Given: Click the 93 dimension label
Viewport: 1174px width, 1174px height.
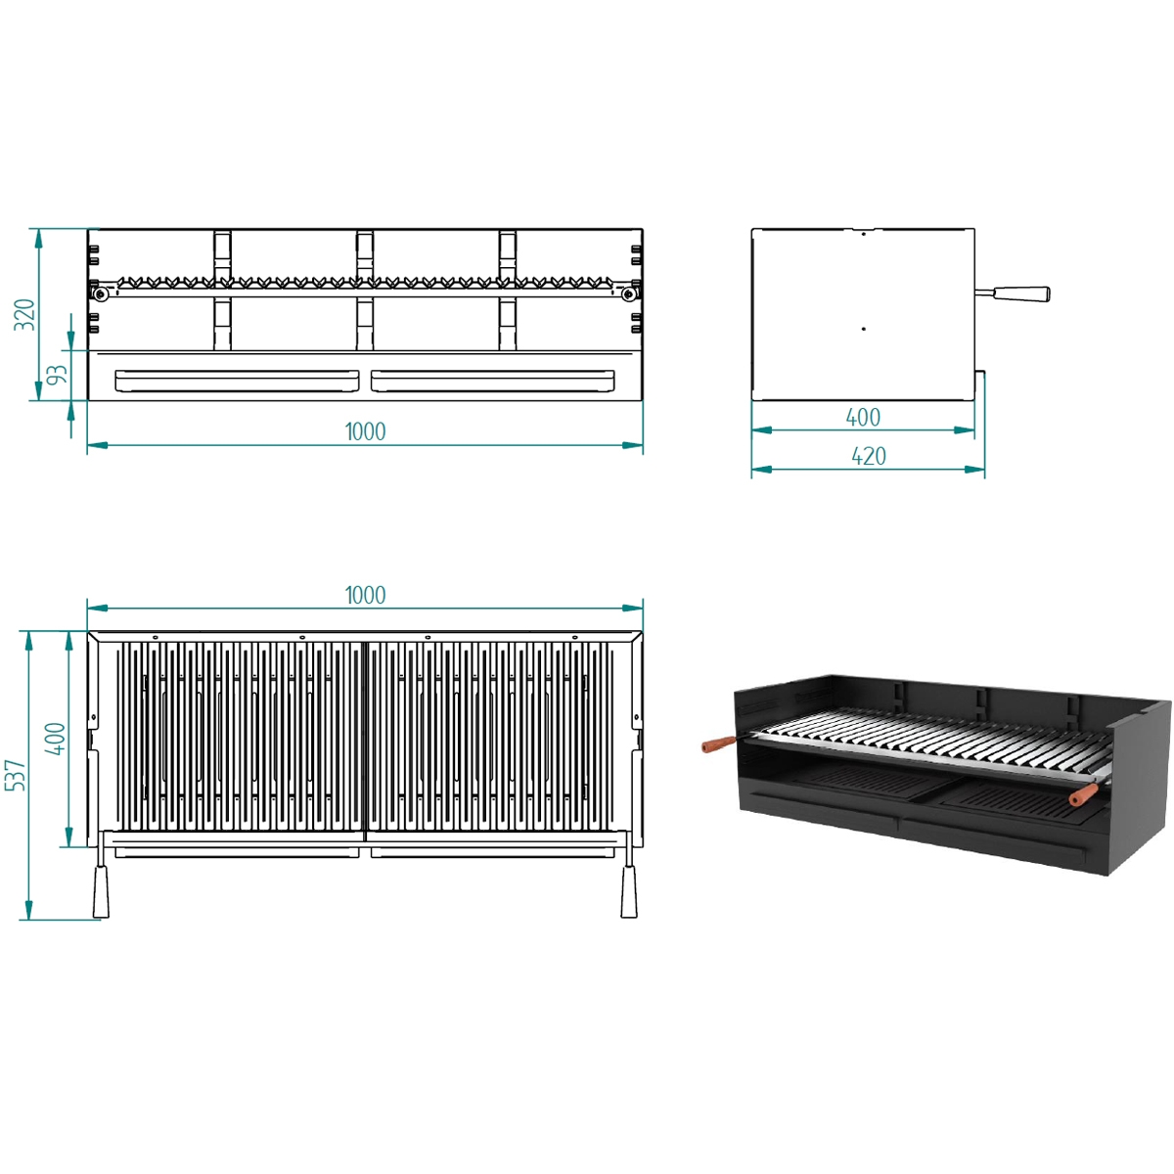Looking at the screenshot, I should click(57, 376).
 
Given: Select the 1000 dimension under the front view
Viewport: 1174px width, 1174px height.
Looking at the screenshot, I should click(365, 431).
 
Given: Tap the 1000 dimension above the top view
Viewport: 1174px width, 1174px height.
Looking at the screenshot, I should click(365, 595).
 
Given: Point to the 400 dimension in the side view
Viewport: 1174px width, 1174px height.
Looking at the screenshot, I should click(863, 418).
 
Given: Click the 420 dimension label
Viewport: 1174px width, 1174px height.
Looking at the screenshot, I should click(868, 457).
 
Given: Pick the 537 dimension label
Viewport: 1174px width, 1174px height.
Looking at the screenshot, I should click(15, 775).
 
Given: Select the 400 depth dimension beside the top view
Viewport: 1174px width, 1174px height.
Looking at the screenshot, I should click(56, 739).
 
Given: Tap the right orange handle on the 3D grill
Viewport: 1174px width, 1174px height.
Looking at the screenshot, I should click(1083, 796).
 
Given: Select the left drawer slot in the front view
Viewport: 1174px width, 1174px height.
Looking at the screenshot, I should click(237, 381).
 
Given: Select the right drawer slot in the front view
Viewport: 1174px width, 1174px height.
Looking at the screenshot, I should click(493, 381).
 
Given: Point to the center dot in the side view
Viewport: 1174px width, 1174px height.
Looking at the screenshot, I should click(863, 329).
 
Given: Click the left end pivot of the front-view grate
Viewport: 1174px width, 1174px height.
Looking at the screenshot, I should click(99, 292).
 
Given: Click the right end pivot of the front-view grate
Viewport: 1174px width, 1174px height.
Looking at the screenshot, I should click(624, 292).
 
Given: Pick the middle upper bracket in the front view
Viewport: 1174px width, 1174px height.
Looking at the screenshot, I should click(365, 253).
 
